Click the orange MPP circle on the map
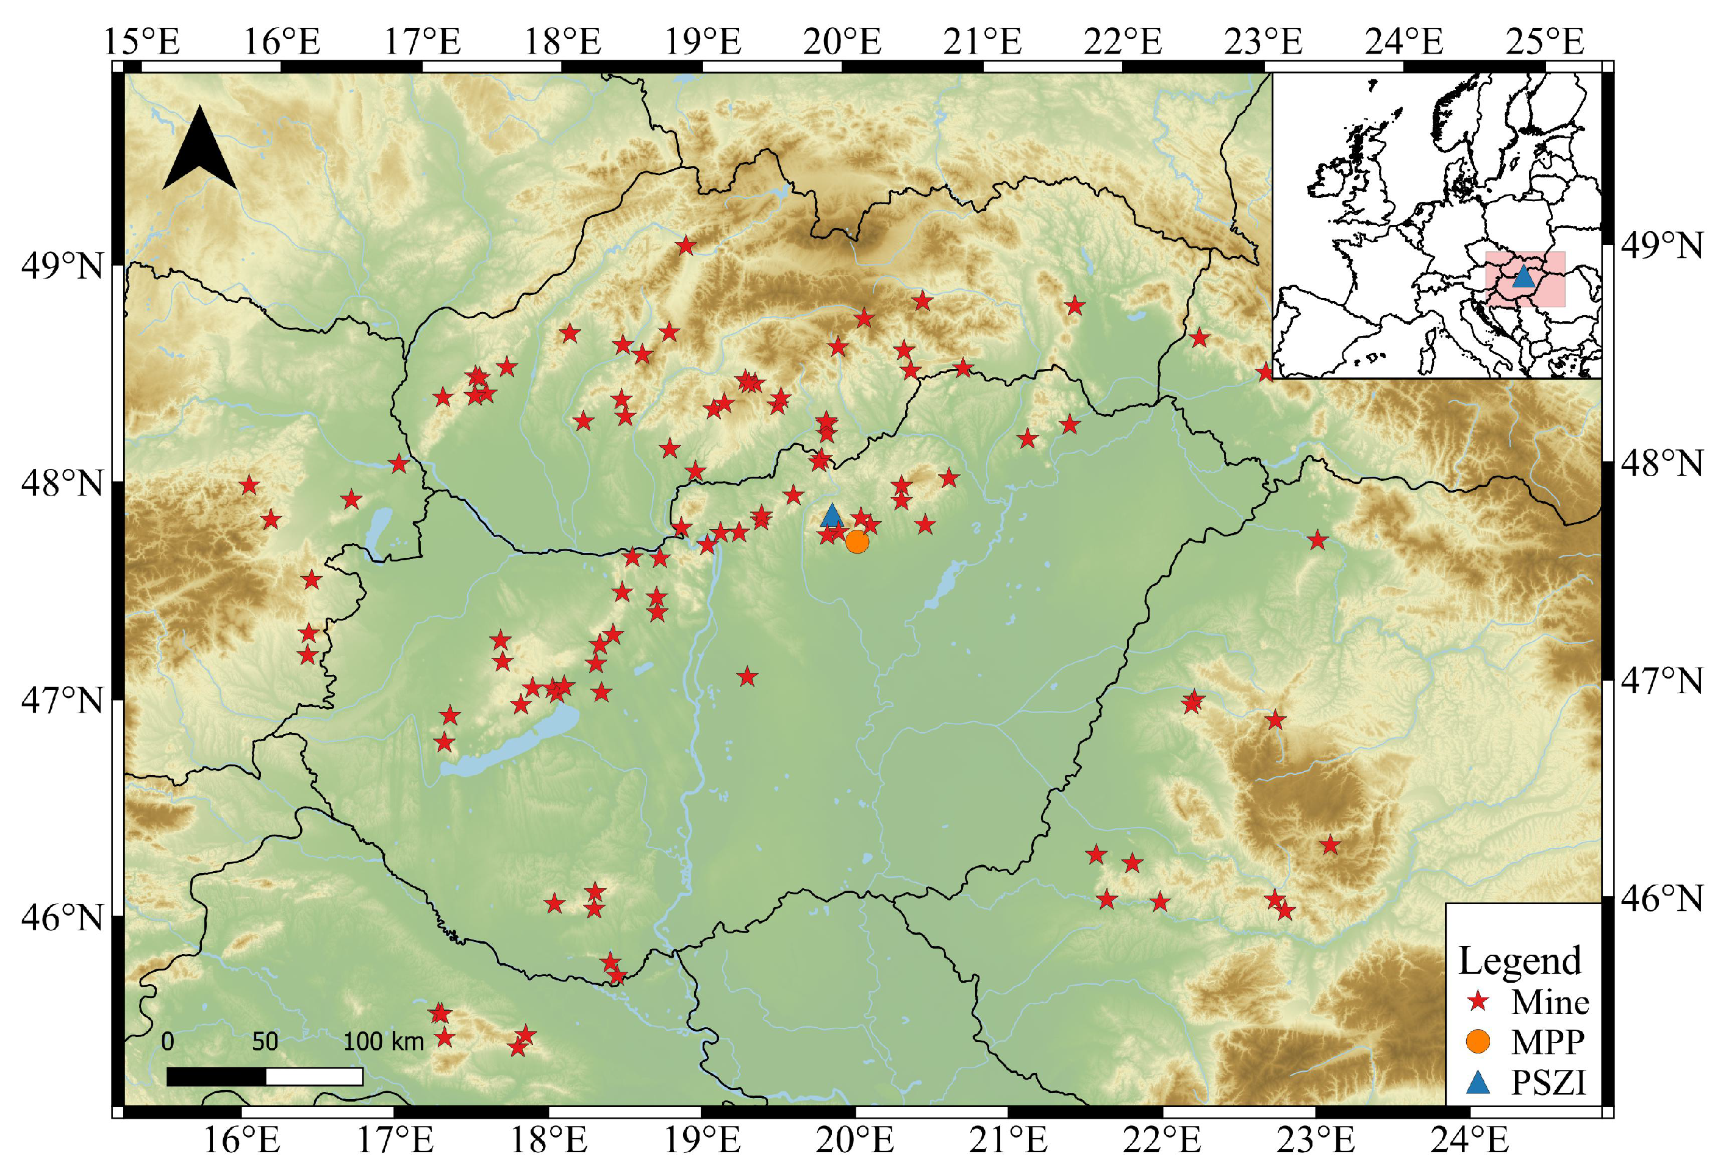[x=857, y=541]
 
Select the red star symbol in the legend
[x=1478, y=1001]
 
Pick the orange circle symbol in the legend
[x=1478, y=1041]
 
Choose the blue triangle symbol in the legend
[x=1478, y=1082]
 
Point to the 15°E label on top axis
[x=141, y=41]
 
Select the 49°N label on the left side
[x=62, y=266]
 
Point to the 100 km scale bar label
[x=384, y=1041]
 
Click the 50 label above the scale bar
[x=265, y=1041]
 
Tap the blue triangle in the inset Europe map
[x=1522, y=277]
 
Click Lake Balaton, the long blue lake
[x=509, y=745]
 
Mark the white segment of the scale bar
[x=313, y=1077]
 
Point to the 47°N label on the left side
[x=62, y=699]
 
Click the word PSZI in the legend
[x=1549, y=1082]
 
